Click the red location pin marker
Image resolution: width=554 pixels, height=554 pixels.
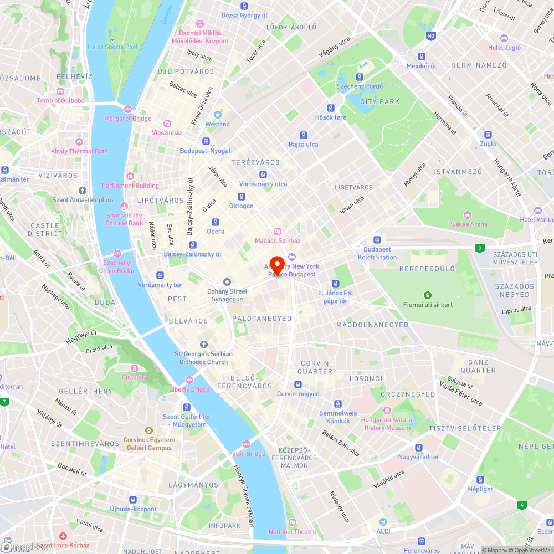coord(276,264)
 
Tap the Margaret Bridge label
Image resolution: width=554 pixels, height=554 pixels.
coord(127,119)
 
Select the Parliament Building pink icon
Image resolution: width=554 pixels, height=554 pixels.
coord(130,176)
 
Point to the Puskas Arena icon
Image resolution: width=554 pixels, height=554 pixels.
coord(468,215)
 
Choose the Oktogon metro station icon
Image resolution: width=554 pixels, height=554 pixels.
coord(241,197)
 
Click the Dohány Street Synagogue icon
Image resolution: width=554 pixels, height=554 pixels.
coord(226,282)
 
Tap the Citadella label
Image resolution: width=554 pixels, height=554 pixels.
coord(134,377)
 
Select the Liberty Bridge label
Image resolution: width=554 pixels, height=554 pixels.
coord(189,389)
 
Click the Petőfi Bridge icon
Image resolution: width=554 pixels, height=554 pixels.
coord(247,444)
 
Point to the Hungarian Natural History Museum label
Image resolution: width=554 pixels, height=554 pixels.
coord(388,424)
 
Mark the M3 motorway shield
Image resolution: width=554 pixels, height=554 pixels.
coord(431,36)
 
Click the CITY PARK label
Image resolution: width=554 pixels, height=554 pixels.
coord(379,102)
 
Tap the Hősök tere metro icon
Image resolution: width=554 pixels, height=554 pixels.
coord(331,108)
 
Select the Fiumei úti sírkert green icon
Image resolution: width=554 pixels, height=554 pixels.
coord(427,295)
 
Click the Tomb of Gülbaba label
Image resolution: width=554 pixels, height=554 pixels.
coord(60,100)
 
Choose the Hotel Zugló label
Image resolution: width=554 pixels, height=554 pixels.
coord(504,47)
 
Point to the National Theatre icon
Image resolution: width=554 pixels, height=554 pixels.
coord(292,522)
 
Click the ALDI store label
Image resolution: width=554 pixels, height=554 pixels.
coord(383,531)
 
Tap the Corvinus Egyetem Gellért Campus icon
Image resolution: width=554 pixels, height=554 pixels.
coord(148,430)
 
